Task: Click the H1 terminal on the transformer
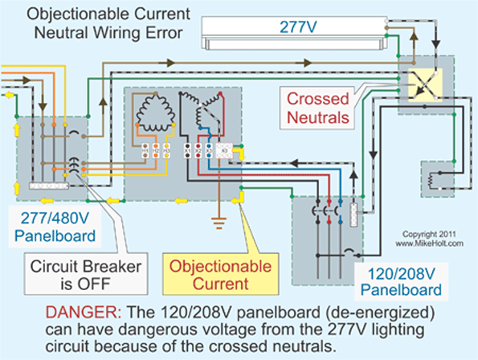point(145,150)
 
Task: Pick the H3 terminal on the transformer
point(165,150)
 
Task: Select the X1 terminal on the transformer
point(187,150)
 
